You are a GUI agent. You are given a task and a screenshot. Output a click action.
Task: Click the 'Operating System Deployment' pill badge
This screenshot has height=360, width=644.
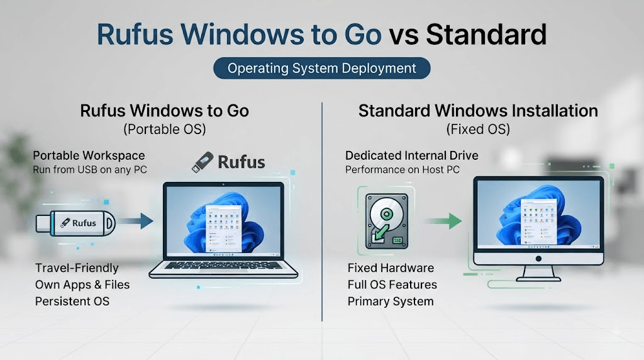pyautogui.click(x=321, y=68)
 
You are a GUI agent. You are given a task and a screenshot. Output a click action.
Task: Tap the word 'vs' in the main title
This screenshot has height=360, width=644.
pyautogui.click(x=404, y=35)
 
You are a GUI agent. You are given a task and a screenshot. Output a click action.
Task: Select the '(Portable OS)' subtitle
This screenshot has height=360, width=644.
pyautogui.click(x=165, y=130)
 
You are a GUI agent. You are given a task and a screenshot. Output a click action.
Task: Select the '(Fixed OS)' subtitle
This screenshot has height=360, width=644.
pyautogui.click(x=478, y=130)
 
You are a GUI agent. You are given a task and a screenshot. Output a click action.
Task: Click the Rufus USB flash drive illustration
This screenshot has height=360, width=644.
pyautogui.click(x=75, y=223)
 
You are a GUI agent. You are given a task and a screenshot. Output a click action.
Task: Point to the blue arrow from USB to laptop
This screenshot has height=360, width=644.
pyautogui.click(x=136, y=221)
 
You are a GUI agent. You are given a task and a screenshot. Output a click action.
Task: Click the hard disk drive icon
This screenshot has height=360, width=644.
pyautogui.click(x=387, y=221)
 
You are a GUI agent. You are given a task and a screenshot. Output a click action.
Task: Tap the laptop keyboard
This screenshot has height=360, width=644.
pyautogui.click(x=223, y=266)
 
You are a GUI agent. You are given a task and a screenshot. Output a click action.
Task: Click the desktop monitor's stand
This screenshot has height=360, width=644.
pyautogui.click(x=538, y=274)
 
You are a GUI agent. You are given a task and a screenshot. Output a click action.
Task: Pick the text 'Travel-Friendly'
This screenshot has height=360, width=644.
pyautogui.click(x=77, y=268)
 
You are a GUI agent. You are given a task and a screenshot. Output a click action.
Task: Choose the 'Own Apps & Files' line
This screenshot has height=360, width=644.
pyautogui.click(x=82, y=284)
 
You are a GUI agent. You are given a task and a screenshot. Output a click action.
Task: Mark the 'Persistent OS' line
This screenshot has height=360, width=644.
pyautogui.click(x=72, y=301)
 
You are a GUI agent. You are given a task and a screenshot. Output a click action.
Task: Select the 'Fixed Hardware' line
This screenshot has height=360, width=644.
pyautogui.click(x=391, y=268)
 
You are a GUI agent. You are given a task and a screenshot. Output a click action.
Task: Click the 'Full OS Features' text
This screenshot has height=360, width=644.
pyautogui.click(x=392, y=284)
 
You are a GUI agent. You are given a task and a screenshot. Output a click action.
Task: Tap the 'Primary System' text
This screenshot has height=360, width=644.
pyautogui.click(x=391, y=301)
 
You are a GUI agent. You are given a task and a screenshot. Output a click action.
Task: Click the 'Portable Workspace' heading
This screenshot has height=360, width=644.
pyautogui.click(x=89, y=155)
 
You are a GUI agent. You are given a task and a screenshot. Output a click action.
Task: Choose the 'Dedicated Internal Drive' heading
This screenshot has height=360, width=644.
pyautogui.click(x=411, y=155)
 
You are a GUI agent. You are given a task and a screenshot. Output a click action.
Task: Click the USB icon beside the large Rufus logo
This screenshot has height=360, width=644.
pyautogui.click(x=203, y=162)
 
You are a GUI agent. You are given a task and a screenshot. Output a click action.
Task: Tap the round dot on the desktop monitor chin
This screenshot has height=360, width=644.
pyautogui.click(x=538, y=259)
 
